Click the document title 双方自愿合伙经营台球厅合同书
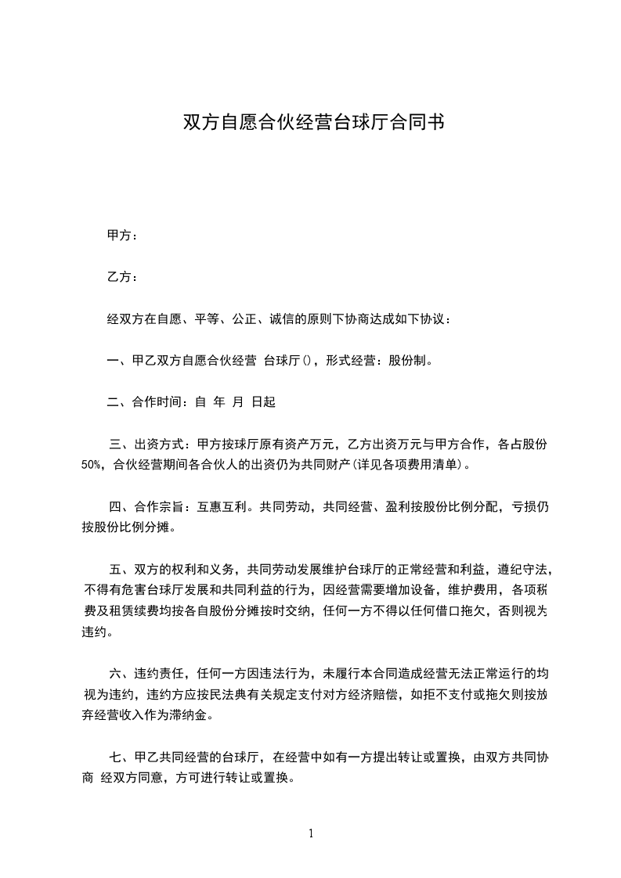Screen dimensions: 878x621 coord(313,123)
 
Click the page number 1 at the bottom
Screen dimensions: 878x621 coord(311,833)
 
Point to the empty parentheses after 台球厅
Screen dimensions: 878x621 coord(308,361)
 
